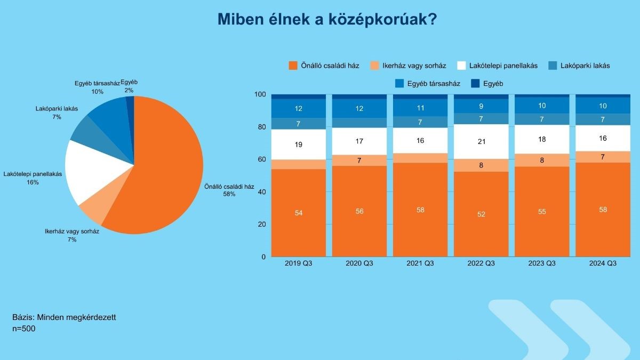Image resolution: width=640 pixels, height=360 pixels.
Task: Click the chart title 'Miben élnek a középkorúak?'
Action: click(327, 19)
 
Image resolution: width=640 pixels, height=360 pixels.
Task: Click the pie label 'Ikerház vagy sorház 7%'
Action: click(72, 235)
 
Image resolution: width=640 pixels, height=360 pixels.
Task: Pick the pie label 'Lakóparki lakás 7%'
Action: click(57, 113)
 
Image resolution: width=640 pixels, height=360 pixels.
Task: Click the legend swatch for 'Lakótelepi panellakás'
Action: click(461, 66)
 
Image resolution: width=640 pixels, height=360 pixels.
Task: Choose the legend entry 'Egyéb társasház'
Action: click(427, 84)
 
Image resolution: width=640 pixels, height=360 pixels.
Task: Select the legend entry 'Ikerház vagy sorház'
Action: click(407, 66)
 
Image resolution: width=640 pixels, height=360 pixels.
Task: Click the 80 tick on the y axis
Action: click(262, 127)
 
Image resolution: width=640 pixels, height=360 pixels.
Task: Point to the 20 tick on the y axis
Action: click(262, 225)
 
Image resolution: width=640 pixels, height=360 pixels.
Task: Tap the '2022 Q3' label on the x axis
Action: click(481, 263)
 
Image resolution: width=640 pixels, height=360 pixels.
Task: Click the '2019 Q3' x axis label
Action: click(298, 263)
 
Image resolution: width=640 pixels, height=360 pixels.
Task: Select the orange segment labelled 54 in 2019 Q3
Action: click(299, 213)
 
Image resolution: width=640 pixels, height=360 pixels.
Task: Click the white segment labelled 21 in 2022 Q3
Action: click(481, 142)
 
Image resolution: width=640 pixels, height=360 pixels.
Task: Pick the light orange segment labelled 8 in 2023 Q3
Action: click(542, 161)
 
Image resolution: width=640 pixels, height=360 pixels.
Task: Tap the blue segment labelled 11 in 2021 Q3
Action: click(420, 108)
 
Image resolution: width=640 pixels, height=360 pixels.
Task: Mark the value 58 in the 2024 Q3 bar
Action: click(603, 210)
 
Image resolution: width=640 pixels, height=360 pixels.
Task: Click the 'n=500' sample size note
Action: click(23, 329)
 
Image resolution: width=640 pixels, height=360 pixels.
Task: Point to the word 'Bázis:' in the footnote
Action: click(23, 317)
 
